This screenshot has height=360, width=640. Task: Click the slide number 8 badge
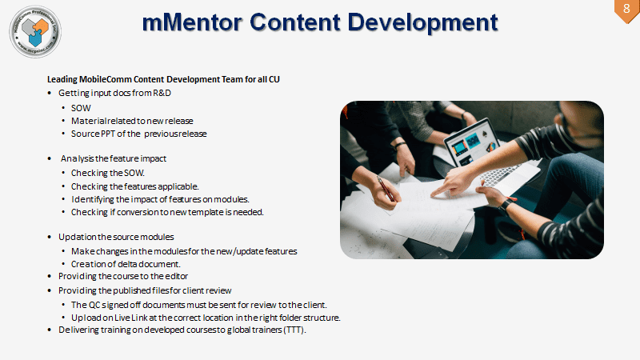[627, 10]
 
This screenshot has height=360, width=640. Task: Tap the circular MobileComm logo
[35, 31]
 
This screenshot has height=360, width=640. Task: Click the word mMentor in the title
[192, 22]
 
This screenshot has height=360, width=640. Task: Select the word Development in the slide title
[423, 23]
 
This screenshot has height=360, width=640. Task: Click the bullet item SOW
[81, 108]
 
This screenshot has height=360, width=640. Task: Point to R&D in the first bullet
[162, 93]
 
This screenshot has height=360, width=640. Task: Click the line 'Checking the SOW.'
[108, 173]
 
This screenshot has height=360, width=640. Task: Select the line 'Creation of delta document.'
[126, 264]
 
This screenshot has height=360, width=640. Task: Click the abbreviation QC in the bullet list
[94, 305]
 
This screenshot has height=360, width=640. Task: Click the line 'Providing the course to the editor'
[123, 276]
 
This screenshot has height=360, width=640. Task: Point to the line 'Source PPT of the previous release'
[138, 134]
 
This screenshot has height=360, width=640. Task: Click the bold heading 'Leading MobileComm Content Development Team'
[145, 79]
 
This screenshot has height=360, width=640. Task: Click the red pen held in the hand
[386, 189]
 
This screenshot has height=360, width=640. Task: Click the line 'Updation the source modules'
[116, 237]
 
